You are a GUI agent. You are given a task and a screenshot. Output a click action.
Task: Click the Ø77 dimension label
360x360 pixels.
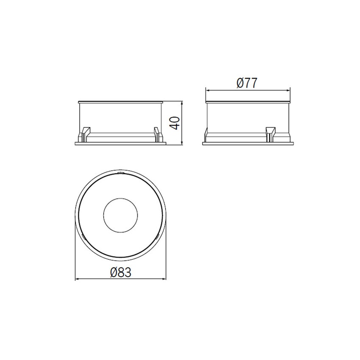pos(247,83)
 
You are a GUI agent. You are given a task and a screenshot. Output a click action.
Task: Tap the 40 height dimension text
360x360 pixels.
pos(175,123)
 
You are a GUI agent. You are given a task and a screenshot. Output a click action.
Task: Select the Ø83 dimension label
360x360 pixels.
pos(121,272)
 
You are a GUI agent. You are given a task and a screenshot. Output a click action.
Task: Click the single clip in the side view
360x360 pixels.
pos(271,134)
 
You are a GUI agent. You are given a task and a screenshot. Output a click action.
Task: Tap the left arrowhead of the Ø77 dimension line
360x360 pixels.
pos(208,91)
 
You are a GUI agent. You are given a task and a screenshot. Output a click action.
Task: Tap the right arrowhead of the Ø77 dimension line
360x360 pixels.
pos(288,91)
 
